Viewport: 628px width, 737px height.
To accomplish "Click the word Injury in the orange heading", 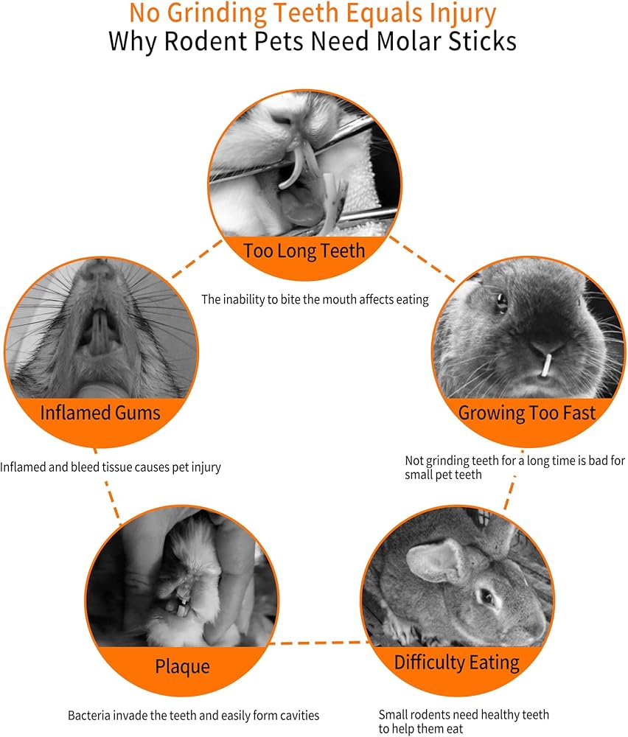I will click(458, 14).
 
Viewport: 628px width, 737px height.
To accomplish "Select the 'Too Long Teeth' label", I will click(304, 251).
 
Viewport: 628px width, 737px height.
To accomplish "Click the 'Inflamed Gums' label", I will click(100, 411).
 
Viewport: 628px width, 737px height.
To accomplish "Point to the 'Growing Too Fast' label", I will click(527, 412).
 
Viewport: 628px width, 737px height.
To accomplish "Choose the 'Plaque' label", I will click(182, 667).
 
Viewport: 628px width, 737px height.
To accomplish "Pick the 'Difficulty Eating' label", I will click(457, 662).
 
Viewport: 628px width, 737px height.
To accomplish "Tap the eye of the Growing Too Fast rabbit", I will click(502, 302).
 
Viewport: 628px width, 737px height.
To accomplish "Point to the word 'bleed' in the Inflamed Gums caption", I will click(79, 467).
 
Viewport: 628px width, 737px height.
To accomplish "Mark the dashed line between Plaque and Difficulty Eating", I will click(321, 643).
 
